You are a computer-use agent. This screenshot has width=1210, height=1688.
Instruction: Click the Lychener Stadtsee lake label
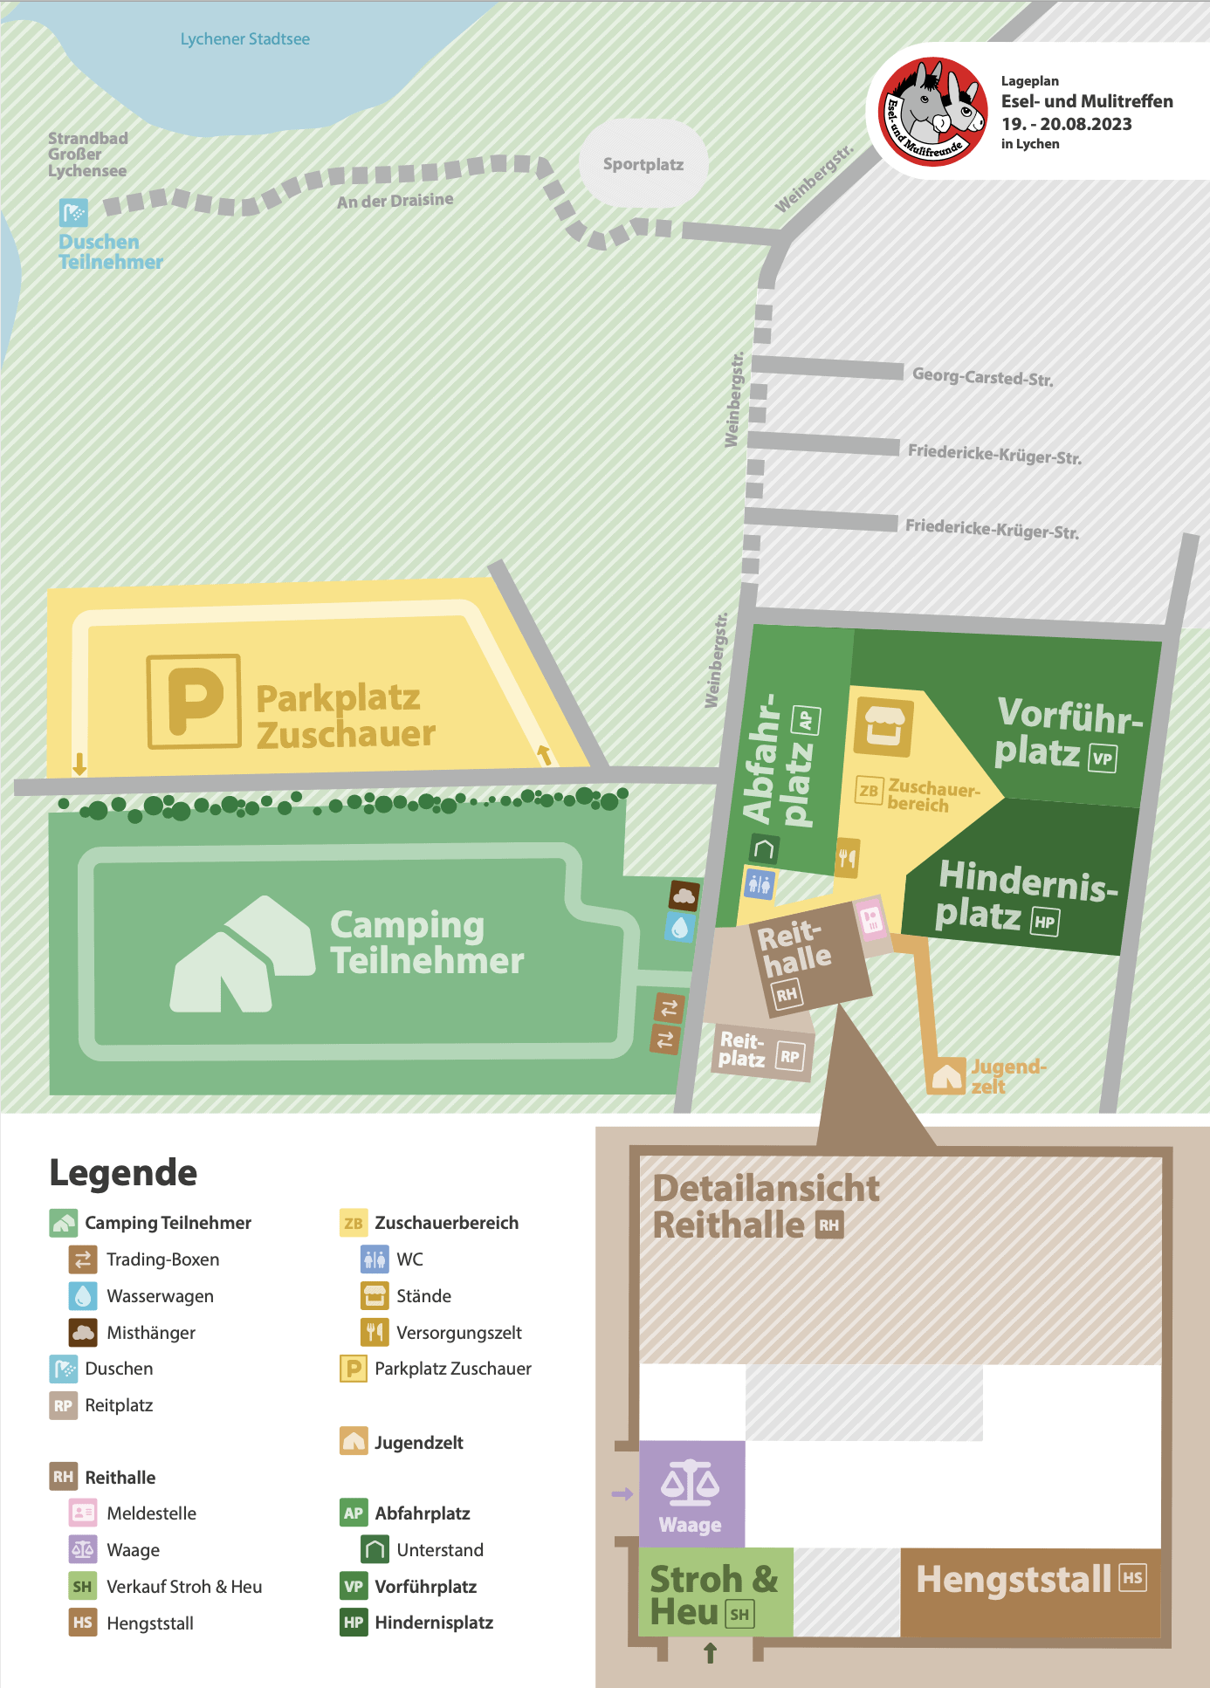click(244, 39)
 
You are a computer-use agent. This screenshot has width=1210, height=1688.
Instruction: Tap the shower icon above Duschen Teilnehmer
click(73, 212)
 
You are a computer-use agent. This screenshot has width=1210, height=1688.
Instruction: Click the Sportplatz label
click(643, 164)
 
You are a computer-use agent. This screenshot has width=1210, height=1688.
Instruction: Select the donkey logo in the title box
click(933, 112)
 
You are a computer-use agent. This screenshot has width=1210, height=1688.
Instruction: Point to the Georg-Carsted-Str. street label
click(982, 377)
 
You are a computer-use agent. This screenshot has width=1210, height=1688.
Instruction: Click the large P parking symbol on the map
click(194, 701)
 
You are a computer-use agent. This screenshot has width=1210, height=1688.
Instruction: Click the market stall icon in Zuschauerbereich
click(883, 726)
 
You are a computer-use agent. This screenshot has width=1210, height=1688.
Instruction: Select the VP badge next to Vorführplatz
click(1103, 758)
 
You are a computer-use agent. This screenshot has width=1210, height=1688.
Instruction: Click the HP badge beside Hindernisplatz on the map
click(1045, 922)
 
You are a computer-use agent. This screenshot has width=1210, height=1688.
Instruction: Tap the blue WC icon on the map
click(759, 883)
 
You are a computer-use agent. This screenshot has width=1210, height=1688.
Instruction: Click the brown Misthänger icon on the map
click(684, 895)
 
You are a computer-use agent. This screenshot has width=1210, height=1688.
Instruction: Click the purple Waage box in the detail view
click(691, 1493)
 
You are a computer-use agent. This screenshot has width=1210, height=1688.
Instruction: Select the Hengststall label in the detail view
click(1014, 1579)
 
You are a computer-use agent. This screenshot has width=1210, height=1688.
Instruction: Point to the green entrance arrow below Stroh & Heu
click(710, 1651)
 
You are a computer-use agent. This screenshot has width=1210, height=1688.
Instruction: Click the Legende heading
click(123, 1172)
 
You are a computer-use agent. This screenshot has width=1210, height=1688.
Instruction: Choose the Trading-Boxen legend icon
click(83, 1259)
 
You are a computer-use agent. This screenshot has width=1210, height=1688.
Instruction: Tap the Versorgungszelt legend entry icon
click(375, 1332)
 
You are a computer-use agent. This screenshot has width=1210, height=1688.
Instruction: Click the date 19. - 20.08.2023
click(1066, 124)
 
